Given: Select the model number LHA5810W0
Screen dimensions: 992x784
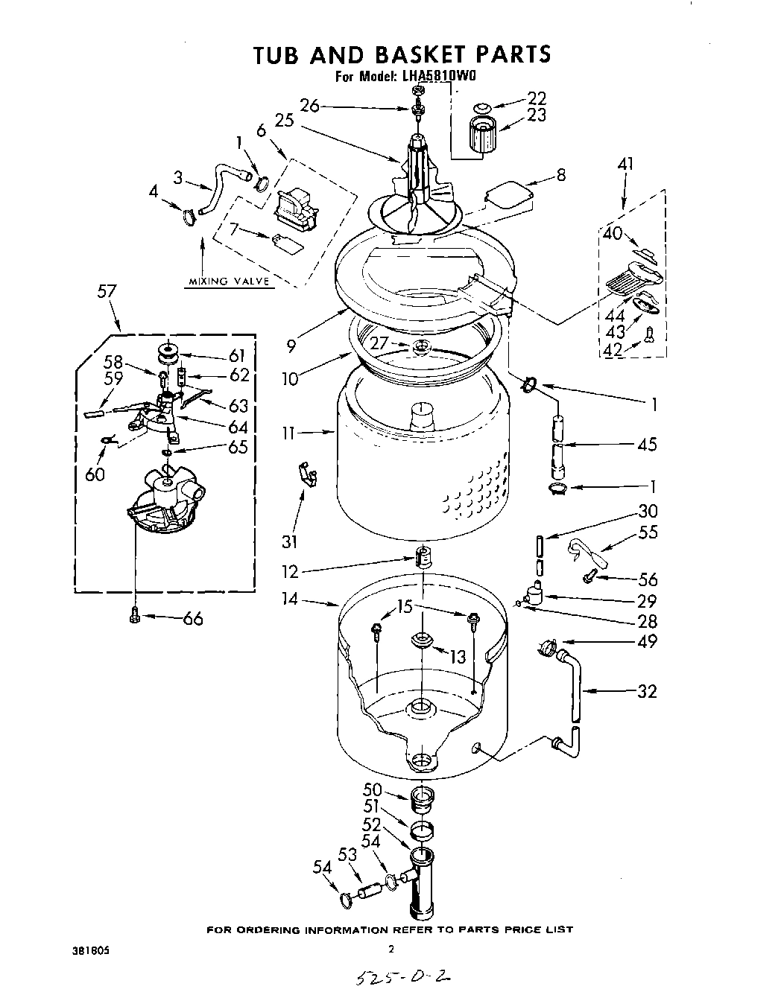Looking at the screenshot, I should [x=439, y=75].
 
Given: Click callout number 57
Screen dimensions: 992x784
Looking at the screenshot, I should [x=107, y=290].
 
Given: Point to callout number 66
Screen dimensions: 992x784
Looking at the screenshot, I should [x=192, y=618].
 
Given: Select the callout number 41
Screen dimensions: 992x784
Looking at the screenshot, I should [x=625, y=164].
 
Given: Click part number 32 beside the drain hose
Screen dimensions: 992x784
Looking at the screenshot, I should [x=647, y=691].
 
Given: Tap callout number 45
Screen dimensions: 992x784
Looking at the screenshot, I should [x=647, y=445].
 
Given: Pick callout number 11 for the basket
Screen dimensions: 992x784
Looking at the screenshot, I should [x=291, y=431].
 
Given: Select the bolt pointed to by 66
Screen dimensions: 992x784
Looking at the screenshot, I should [x=134, y=616].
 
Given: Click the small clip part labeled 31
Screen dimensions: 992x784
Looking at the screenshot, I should [x=306, y=474].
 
